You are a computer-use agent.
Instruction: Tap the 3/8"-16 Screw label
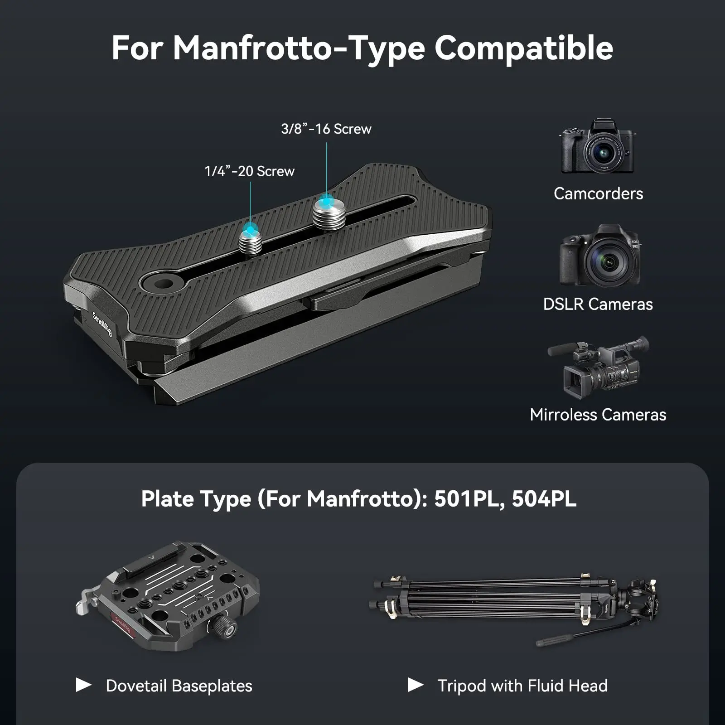pos(326,129)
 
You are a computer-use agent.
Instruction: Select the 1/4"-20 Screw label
pos(249,171)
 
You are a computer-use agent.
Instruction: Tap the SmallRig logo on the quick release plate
pos(102,324)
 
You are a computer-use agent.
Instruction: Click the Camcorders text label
pos(598,194)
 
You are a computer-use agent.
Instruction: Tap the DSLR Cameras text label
pos(598,304)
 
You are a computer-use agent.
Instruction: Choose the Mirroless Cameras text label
pos(598,415)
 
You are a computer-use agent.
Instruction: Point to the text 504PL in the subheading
pos(544,499)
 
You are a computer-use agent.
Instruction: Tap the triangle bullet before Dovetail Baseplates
pos(83,685)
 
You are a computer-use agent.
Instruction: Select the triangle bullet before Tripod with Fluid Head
pos(416,685)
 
